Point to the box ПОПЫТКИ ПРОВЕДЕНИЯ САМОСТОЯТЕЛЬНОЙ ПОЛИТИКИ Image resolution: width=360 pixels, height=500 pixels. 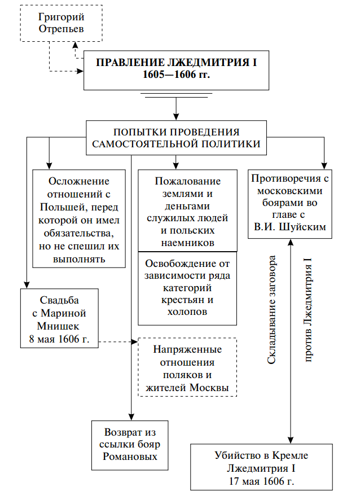[176, 137]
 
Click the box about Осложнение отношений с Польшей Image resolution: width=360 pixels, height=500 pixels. [78, 219]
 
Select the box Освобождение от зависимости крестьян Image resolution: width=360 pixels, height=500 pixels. [187, 287]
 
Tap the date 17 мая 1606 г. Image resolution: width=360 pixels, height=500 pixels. [261, 481]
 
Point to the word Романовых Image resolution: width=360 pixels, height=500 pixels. [130, 457]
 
